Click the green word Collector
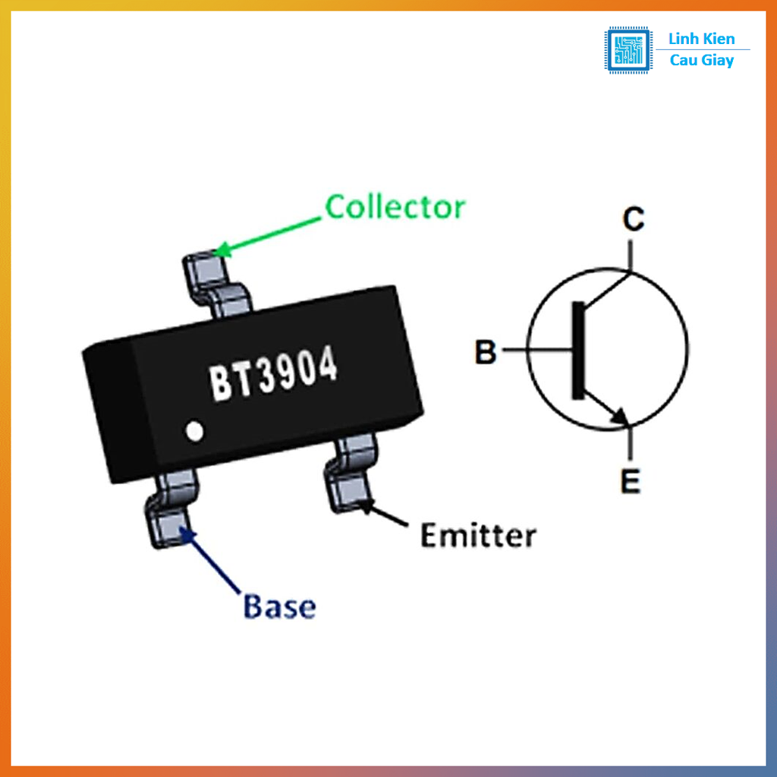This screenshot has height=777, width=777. pos(395,206)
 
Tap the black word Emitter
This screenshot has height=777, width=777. pos(478,536)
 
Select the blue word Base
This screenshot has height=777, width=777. pos(279,607)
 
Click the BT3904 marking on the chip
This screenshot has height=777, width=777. pos(273,376)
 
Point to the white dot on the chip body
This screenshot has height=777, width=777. pos(195,431)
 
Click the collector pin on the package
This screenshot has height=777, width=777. pos(215,285)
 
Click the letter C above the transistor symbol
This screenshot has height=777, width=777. pos(634,220)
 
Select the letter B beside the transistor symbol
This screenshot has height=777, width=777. pos(486,353)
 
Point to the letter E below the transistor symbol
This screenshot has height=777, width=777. pos(631,481)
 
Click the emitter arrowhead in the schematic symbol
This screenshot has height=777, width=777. pos(620,416)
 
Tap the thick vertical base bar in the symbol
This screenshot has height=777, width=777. pos(579,350)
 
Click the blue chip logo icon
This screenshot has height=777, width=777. pos(628,50)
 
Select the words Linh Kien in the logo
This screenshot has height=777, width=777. pos(701,39)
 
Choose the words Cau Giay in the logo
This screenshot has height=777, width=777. pos(702,61)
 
